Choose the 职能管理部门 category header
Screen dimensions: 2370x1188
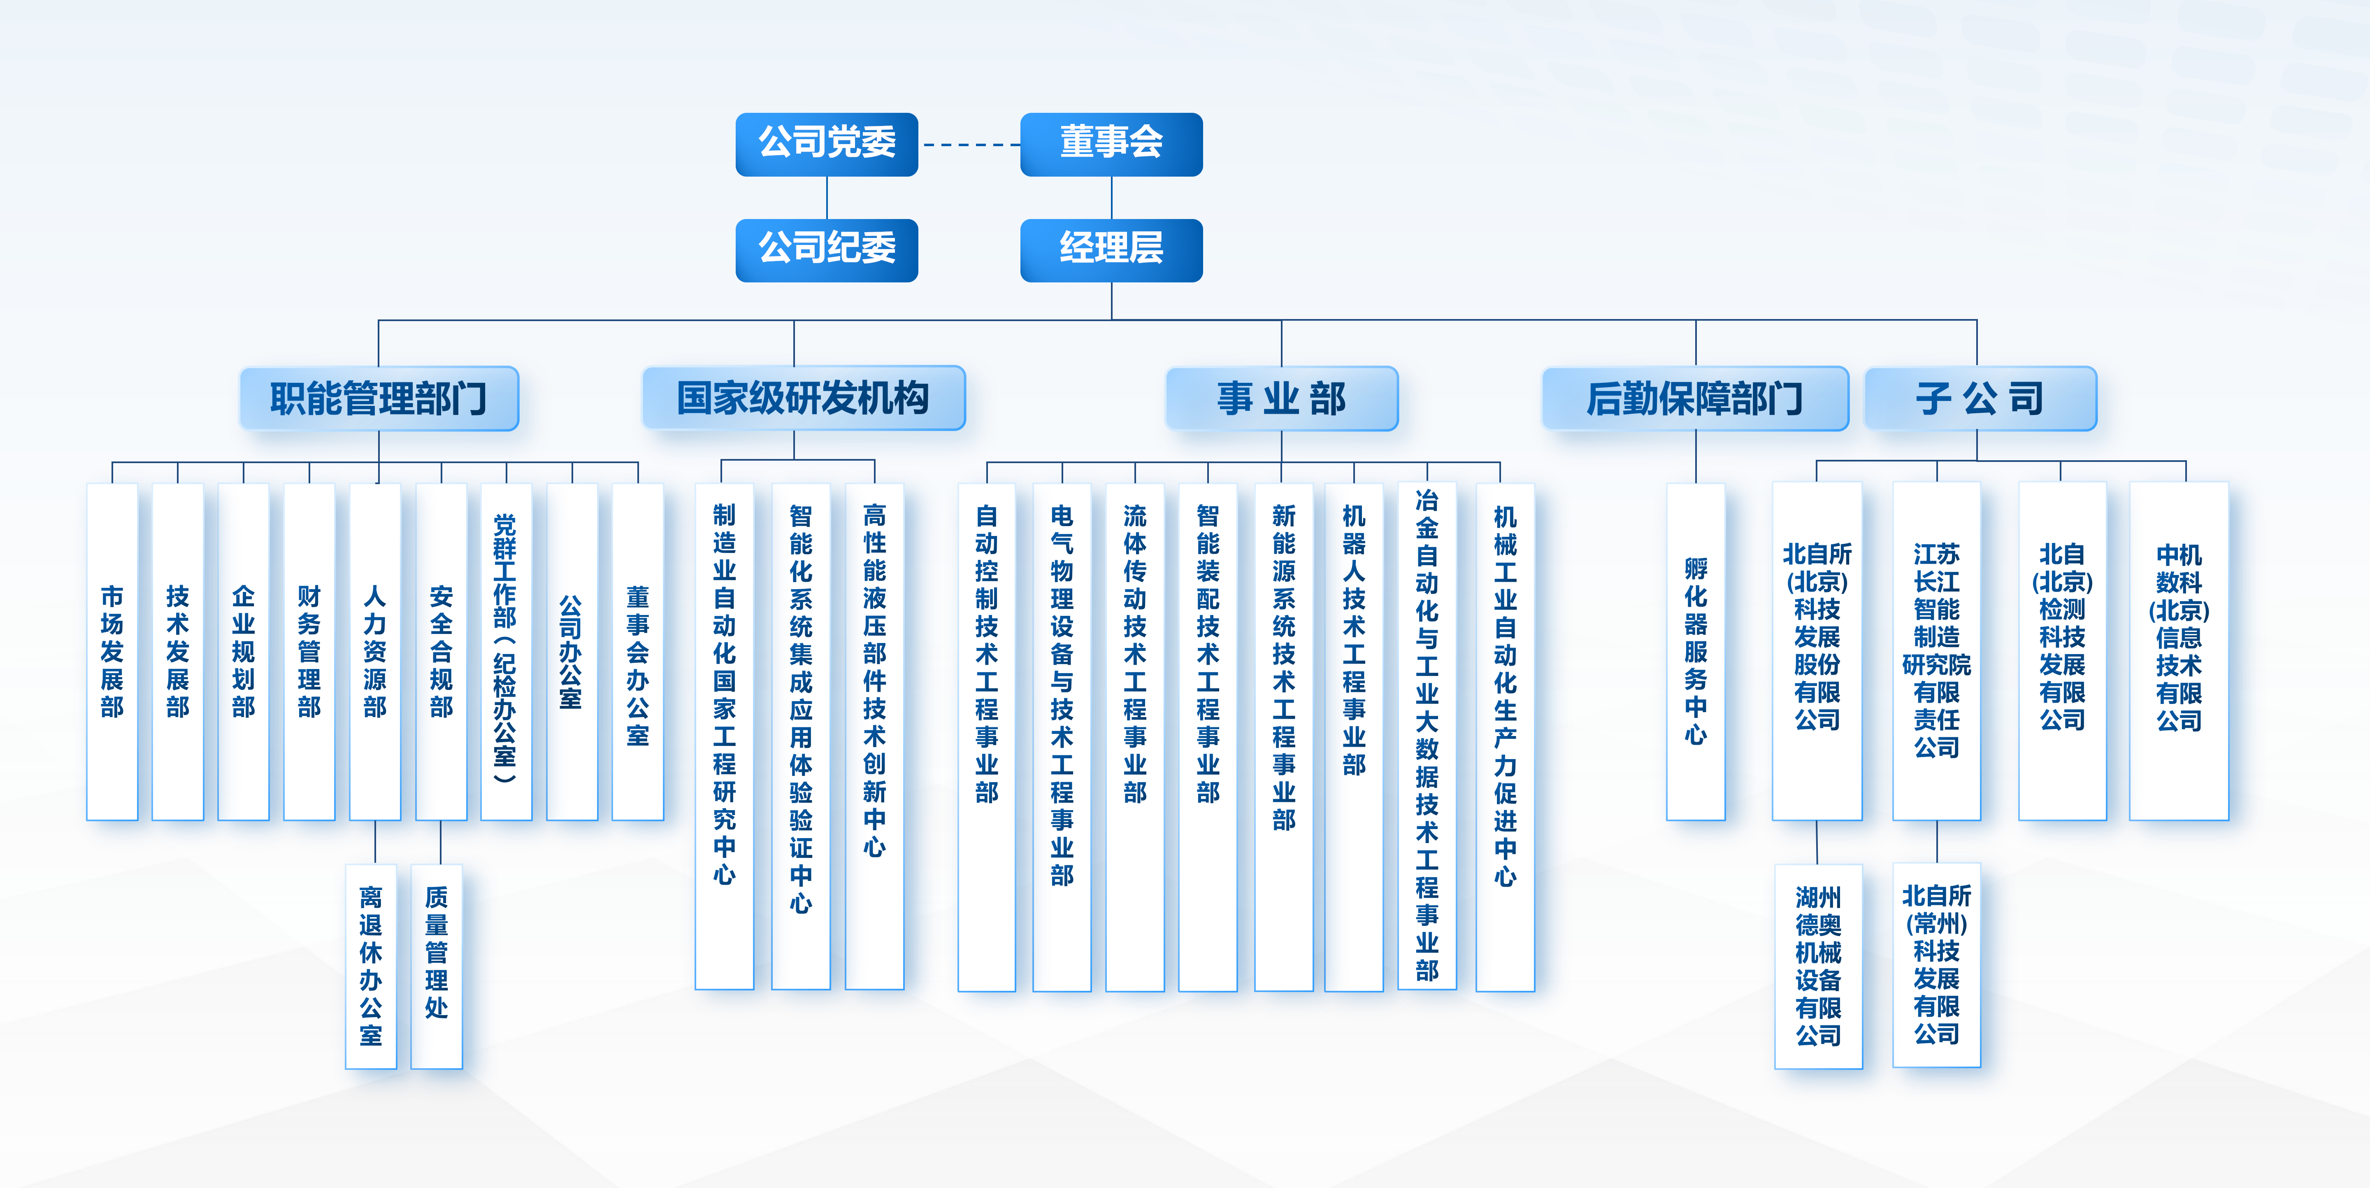[379, 398]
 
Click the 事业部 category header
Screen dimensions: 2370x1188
[1282, 398]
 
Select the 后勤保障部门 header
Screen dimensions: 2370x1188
[1695, 398]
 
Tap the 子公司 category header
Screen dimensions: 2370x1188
[1980, 398]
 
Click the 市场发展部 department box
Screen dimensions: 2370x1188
[112, 652]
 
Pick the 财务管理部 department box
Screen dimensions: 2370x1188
[309, 652]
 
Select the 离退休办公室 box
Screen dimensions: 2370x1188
[371, 966]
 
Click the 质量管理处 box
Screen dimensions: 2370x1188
[436, 966]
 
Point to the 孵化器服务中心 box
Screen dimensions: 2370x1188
[1696, 652]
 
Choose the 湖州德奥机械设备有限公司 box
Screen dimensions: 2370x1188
[1818, 966]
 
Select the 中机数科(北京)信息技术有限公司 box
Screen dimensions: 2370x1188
[2179, 652]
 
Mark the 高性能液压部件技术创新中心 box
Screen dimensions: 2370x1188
[874, 736]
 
